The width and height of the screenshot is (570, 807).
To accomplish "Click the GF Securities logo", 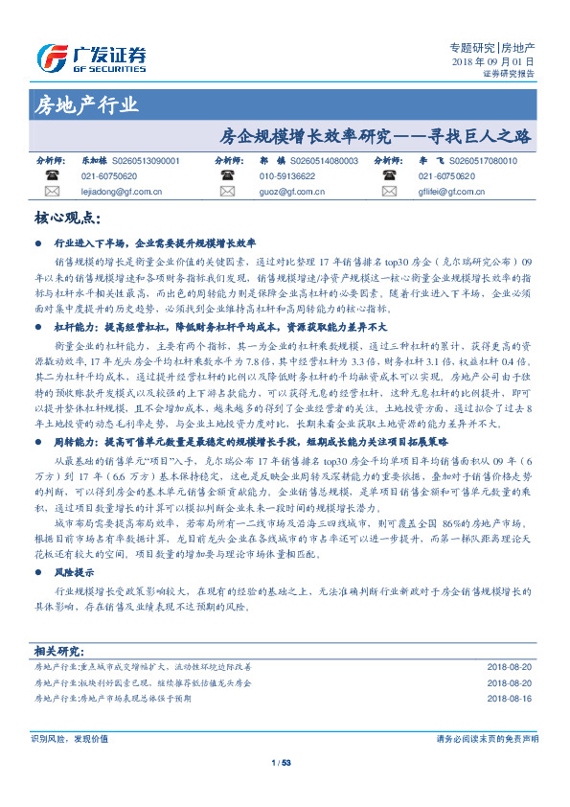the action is coord(91,59).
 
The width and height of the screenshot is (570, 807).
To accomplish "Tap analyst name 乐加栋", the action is coord(94,162).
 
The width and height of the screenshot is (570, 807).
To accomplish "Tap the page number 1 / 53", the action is coord(282,763).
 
